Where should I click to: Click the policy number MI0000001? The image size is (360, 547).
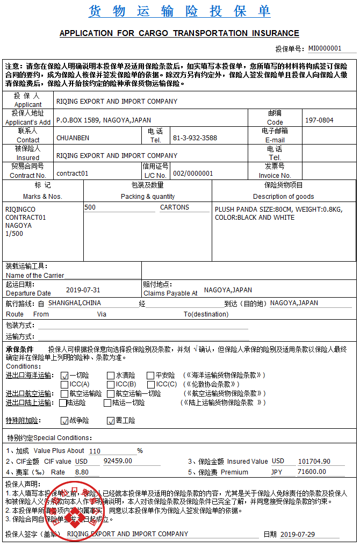pyautogui.click(x=325, y=48)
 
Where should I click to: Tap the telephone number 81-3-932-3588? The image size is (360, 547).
pyautogui.click(x=195, y=138)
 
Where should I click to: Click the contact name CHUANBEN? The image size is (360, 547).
pyautogui.click(x=73, y=138)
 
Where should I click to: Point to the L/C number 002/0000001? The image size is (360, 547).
pyautogui.click(x=193, y=174)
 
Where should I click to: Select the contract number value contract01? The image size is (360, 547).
pyautogui.click(x=72, y=174)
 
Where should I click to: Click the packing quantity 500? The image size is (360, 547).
pyautogui.click(x=90, y=207)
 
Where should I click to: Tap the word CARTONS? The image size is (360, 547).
pyautogui.click(x=175, y=207)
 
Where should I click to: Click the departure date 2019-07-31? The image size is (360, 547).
pyautogui.click(x=83, y=290)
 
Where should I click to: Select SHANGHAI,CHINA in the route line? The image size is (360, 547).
pyautogui.click(x=74, y=303)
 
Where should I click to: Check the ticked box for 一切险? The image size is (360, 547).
pyautogui.click(x=64, y=376)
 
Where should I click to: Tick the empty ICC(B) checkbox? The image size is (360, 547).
pyautogui.click(x=111, y=384)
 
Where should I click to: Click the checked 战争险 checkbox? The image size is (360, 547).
pyautogui.click(x=64, y=420)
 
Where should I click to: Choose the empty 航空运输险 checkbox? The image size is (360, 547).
pyautogui.click(x=64, y=393)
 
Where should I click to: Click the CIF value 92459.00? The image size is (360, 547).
pyautogui.click(x=118, y=461)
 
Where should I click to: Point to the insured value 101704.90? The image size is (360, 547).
pyautogui.click(x=314, y=461)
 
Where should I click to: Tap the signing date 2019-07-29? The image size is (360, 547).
pyautogui.click(x=298, y=534)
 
